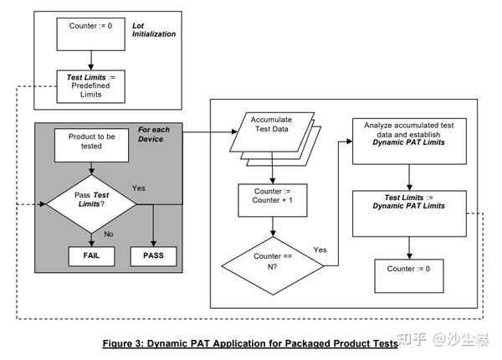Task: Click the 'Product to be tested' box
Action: coord(90,143)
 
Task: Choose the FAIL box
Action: coord(90,255)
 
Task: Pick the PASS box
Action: coord(153,255)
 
